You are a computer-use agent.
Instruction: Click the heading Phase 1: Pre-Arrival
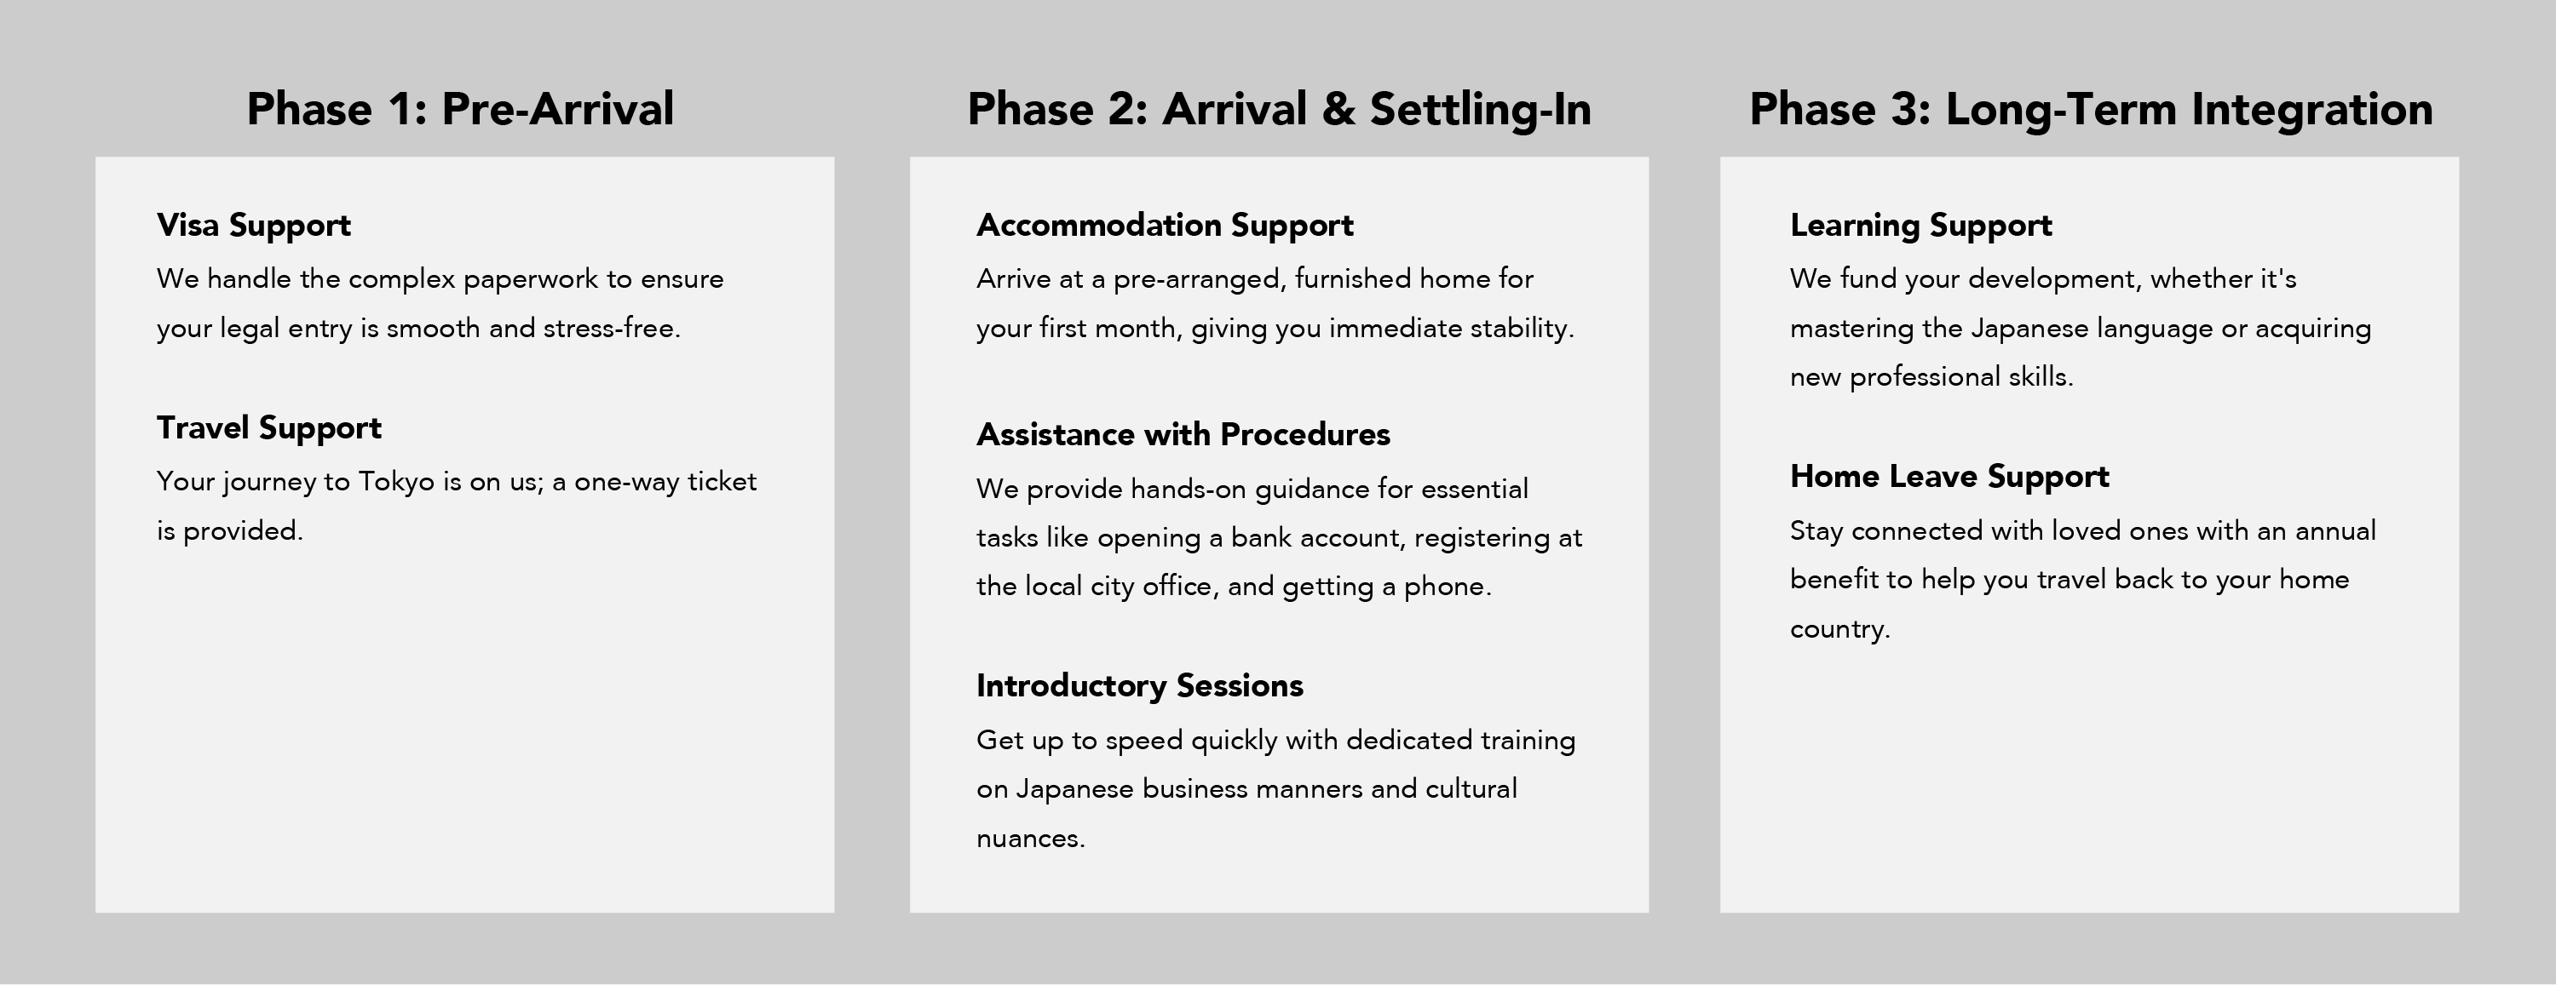point(460,109)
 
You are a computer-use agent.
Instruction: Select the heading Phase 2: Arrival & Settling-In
point(1279,109)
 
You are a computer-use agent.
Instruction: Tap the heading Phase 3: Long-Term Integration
point(2091,109)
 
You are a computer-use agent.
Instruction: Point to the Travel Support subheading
point(269,428)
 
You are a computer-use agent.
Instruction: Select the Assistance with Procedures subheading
point(1183,434)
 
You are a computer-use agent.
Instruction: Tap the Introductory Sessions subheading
point(1139,685)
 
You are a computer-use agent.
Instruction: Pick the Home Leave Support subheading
point(1949,477)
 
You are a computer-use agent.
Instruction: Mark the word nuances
point(1031,839)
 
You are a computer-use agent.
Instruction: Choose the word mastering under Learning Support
point(1851,329)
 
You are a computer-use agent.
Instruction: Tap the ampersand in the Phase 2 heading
point(1338,109)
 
